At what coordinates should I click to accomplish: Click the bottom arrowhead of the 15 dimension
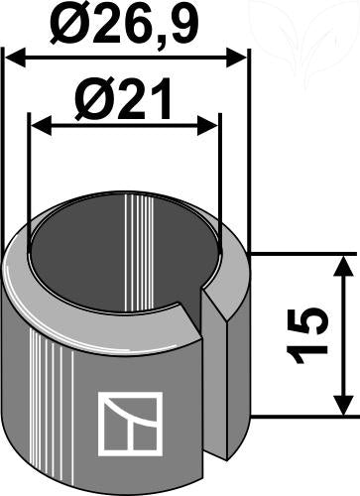[x=342, y=407]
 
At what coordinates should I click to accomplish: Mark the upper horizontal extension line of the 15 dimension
[x=298, y=254]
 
